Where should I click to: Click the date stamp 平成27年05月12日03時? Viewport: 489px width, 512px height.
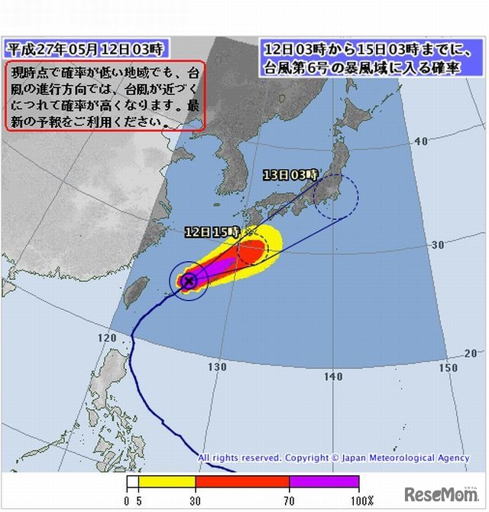tap(85, 50)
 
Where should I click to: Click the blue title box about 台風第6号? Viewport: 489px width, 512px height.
tap(360, 58)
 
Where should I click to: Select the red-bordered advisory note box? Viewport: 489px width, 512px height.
tap(105, 96)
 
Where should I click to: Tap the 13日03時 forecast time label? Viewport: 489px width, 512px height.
tap(290, 175)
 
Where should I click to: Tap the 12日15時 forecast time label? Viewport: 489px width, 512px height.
tap(212, 231)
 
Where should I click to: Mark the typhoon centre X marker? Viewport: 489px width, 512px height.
tap(189, 281)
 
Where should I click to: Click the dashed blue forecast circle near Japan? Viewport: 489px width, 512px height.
tap(335, 196)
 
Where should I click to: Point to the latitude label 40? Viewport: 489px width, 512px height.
tap(419, 142)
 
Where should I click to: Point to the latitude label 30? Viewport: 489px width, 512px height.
tap(437, 245)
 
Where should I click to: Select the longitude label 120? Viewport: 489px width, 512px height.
tap(108, 338)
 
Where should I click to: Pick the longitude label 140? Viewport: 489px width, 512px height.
tap(332, 377)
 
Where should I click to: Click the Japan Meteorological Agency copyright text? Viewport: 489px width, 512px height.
tap(334, 458)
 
